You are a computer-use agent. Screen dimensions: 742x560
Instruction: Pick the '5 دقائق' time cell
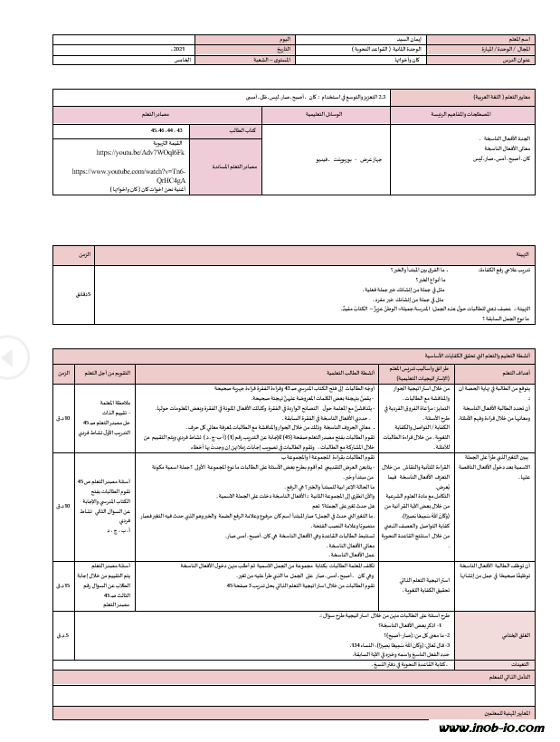(84, 293)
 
